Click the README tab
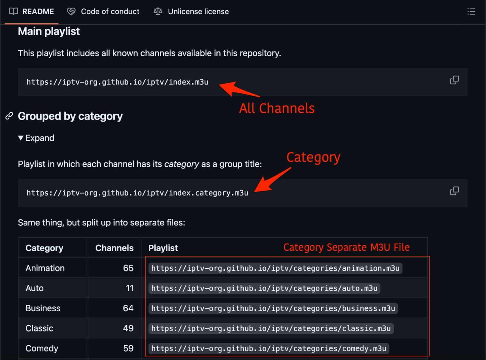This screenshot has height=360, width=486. [32, 12]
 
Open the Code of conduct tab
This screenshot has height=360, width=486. [103, 12]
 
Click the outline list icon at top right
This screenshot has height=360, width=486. [471, 12]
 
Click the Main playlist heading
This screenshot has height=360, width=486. [49, 31]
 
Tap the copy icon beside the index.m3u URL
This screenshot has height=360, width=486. [454, 80]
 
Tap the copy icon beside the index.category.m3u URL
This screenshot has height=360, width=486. [454, 191]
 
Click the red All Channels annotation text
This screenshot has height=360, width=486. [277, 108]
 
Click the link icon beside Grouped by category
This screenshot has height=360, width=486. [9, 116]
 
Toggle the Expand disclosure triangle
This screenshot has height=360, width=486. [21, 138]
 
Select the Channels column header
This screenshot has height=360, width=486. [114, 248]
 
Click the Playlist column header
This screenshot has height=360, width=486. [163, 248]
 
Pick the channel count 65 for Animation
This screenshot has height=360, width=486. [128, 268]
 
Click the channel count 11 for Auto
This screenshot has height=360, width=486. [130, 288]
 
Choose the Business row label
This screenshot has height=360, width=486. [43, 308]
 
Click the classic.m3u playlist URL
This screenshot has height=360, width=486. [271, 328]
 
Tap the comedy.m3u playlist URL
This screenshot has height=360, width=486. [269, 349]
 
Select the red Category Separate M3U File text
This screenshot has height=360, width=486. [346, 247]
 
